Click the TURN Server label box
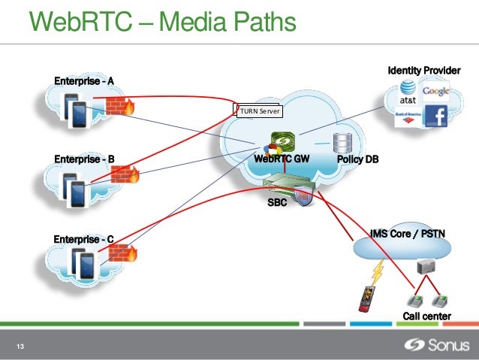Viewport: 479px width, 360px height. coord(260,111)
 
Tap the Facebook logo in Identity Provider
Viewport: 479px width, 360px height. coord(436,116)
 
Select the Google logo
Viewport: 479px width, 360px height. coord(435,91)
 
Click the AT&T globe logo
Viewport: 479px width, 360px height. coord(408,88)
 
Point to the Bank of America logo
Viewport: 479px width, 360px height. coord(408,117)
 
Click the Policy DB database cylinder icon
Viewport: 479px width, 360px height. coord(342,143)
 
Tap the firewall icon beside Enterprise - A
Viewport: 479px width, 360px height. coord(120,106)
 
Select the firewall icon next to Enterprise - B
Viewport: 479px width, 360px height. coord(125,174)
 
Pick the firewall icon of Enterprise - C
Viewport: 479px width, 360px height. coord(123,253)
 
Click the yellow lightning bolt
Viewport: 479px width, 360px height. coord(378,272)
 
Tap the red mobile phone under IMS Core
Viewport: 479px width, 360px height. coord(366,299)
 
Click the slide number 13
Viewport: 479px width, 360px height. coord(20,346)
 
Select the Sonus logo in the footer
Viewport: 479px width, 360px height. coord(436,345)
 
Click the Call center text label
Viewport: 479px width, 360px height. coord(426,316)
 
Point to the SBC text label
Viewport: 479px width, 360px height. coord(277,202)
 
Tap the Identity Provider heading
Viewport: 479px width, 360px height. coord(424,71)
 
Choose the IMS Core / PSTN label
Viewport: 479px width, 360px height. coord(408,234)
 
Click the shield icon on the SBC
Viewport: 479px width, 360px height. coord(303,195)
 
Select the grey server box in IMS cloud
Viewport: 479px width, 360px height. coord(426,267)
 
